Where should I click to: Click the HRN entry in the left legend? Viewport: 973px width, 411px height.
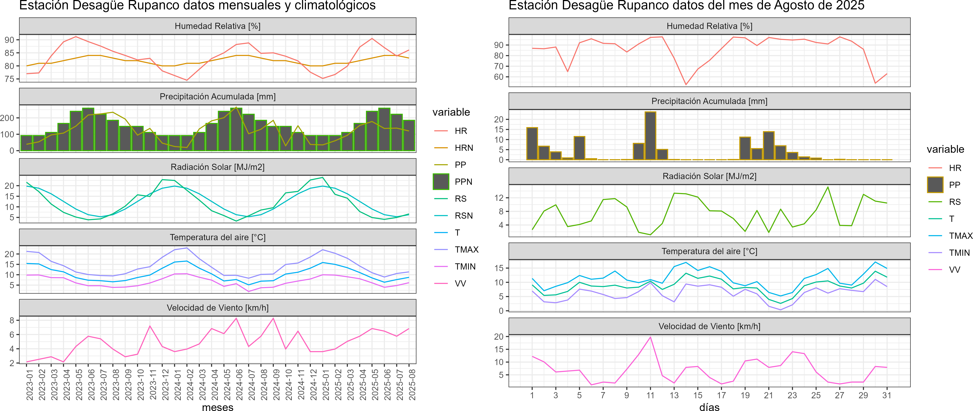tap(463, 148)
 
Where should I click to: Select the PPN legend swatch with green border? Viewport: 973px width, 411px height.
tap(441, 182)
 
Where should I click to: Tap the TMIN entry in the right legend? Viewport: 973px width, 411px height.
tap(959, 253)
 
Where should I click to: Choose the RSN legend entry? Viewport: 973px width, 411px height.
tap(463, 216)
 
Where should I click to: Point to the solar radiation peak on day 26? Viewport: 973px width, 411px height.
tap(828, 187)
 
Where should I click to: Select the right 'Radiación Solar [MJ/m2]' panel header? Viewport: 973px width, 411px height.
tap(709, 176)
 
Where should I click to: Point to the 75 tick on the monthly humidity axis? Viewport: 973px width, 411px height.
tap(9, 79)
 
